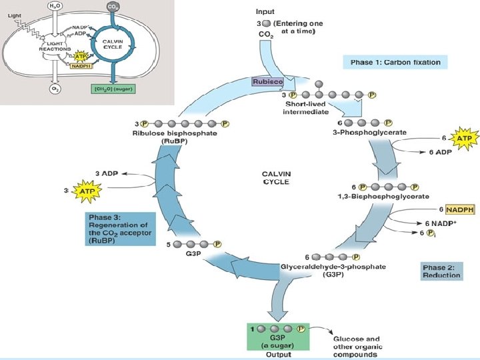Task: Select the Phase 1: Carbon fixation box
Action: click(x=395, y=62)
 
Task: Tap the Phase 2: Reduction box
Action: click(x=441, y=271)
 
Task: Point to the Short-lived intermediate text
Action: click(x=307, y=108)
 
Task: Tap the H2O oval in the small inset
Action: click(x=55, y=7)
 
